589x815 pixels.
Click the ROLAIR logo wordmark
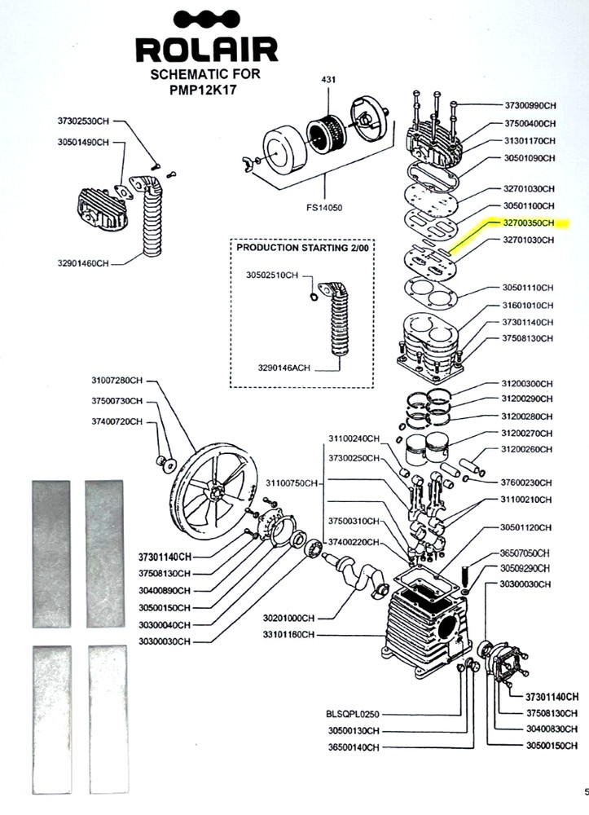coord(207,51)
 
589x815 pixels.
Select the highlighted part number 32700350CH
coord(528,223)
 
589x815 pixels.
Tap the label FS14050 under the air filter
coord(323,208)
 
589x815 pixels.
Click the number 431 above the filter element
coord(328,80)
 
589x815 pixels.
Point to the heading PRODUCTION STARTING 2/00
coord(302,248)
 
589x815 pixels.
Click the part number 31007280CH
coord(116,381)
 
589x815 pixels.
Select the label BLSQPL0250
coord(353,714)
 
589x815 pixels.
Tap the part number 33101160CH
coord(288,635)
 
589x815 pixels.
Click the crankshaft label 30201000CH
coord(288,618)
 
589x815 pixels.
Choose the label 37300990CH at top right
coord(530,105)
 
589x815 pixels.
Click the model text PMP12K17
coord(207,88)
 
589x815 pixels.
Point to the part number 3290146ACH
coord(284,368)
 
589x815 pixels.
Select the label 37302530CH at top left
coord(83,121)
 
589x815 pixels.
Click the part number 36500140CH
coord(354,747)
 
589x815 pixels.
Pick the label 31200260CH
coord(526,449)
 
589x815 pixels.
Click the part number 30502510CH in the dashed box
coord(272,275)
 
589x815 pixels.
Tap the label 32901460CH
coord(83,263)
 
